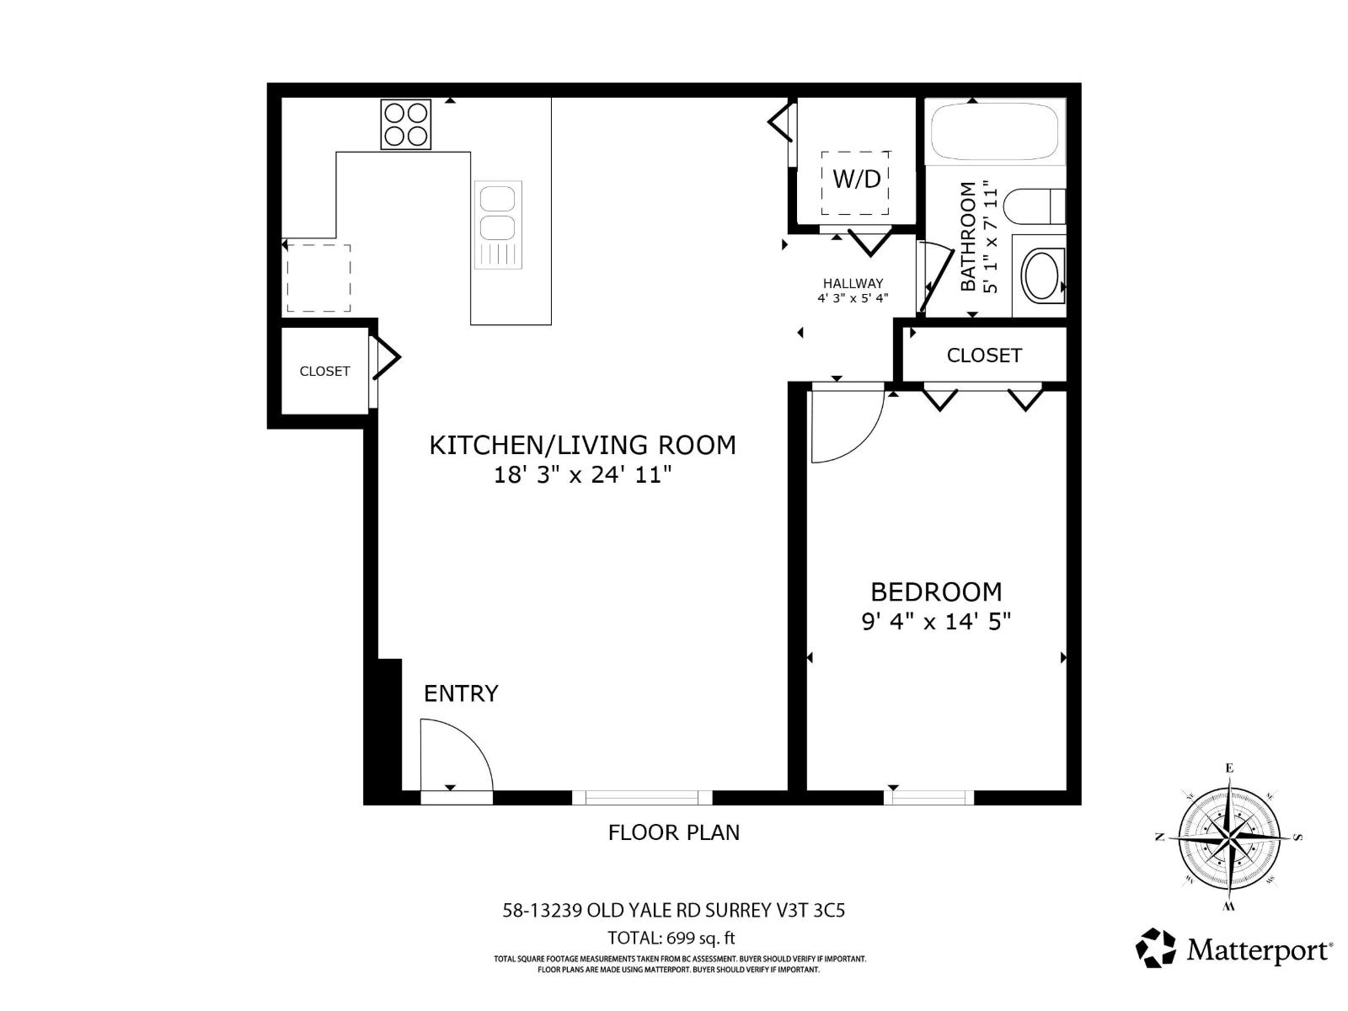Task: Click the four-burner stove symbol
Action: [405, 124]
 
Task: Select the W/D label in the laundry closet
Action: [856, 179]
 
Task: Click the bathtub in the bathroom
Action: [994, 131]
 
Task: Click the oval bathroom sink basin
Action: [1042, 275]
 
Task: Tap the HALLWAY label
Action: [853, 284]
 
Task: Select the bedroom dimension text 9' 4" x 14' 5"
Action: [935, 622]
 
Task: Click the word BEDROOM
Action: [935, 591]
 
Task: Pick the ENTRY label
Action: [461, 693]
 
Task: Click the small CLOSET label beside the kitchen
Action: [324, 371]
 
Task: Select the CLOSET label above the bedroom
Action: [984, 356]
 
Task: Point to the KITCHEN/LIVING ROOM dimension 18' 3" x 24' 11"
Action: [582, 475]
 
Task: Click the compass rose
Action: [1229, 837]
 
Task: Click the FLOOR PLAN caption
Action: [674, 832]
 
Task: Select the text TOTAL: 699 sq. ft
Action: [671, 938]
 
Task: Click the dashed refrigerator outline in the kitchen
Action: [318, 278]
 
